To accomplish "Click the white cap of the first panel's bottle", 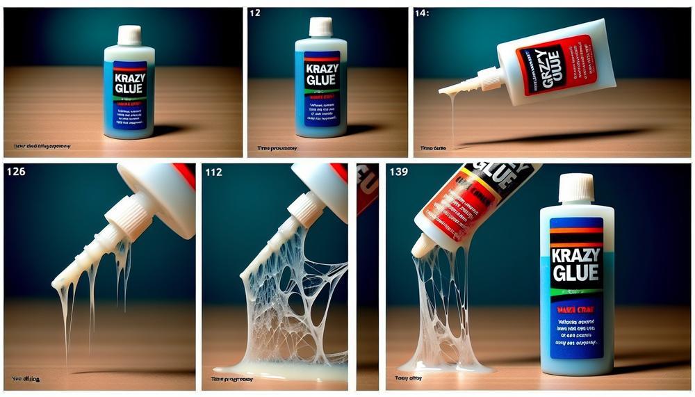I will (129, 35).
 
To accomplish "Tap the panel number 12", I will (254, 13).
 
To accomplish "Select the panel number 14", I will (421, 13).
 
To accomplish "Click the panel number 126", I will (15, 171).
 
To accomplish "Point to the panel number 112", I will (213, 172).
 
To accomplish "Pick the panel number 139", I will (399, 171).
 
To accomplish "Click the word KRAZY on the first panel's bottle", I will (129, 78).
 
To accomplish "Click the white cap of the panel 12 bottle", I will (320, 26).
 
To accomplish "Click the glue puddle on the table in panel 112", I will (278, 373).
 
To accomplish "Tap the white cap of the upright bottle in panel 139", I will (575, 188).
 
